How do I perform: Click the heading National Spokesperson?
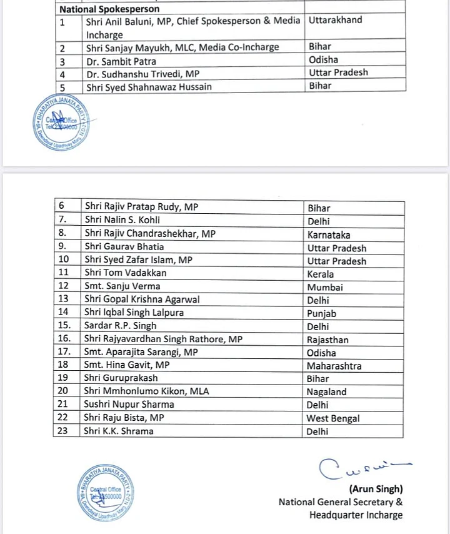click(109, 9)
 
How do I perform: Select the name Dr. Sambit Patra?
click(121, 61)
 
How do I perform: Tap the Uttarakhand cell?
click(335, 20)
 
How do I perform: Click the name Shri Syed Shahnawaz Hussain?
click(148, 87)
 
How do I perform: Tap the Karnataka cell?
click(328, 234)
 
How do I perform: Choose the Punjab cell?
click(321, 313)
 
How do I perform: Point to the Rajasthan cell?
click(327, 340)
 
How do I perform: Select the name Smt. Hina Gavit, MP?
click(127, 365)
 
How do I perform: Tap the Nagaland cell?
click(326, 392)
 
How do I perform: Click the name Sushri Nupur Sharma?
click(129, 405)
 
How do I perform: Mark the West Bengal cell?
click(332, 418)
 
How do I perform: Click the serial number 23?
click(62, 431)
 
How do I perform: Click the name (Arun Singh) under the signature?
click(376, 488)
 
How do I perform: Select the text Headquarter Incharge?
click(356, 515)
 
